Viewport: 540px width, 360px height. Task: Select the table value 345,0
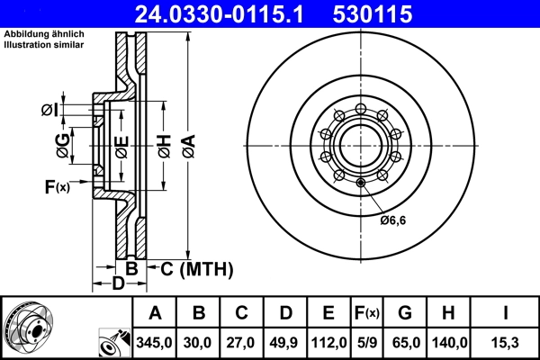pos(155,342)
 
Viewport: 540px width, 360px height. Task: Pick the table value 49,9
pos(285,342)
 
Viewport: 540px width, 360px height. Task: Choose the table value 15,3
pos(506,342)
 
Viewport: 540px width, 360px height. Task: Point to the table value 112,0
pos(328,342)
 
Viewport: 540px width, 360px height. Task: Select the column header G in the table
pos(405,313)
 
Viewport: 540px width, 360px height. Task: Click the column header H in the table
pos(448,313)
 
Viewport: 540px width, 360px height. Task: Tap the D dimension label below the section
pos(117,284)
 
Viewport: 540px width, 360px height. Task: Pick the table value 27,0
pos(241,342)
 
